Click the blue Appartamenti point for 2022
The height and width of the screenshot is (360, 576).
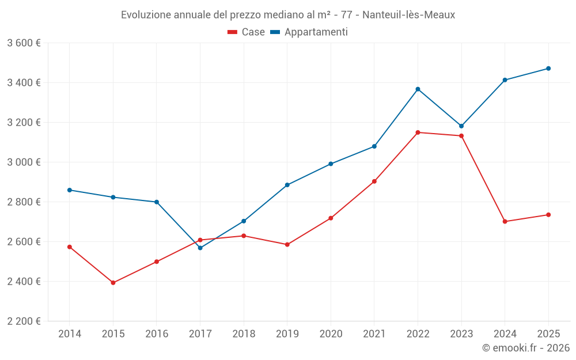pos(418,89)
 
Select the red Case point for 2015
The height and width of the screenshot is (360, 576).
pos(113,283)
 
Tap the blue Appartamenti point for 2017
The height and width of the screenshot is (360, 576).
pos(200,248)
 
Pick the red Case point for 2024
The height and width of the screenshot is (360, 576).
pos(505,222)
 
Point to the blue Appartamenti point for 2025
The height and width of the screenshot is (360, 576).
pos(548,69)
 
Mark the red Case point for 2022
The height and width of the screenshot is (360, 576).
pos(418,132)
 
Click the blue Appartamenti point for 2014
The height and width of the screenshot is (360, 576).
pos(70,190)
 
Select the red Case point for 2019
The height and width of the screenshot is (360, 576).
pos(287,245)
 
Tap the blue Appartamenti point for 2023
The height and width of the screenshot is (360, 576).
pos(461,126)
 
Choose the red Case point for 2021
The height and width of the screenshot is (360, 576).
pos(374,181)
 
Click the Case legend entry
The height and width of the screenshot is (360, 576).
pos(247,32)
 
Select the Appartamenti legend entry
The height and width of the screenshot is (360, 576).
pos(309,32)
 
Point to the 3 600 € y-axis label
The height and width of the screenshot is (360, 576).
pos(24,43)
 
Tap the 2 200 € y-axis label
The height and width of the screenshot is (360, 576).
pos(24,321)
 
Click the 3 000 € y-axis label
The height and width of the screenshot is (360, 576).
pos(24,162)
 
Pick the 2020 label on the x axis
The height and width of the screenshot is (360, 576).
pos(331,334)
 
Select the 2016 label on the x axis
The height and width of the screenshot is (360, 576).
pos(157,334)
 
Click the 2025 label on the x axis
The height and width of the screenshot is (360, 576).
pos(548,334)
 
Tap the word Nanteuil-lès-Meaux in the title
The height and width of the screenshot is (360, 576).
pos(408,15)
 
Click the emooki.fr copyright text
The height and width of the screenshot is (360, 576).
pos(526,348)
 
